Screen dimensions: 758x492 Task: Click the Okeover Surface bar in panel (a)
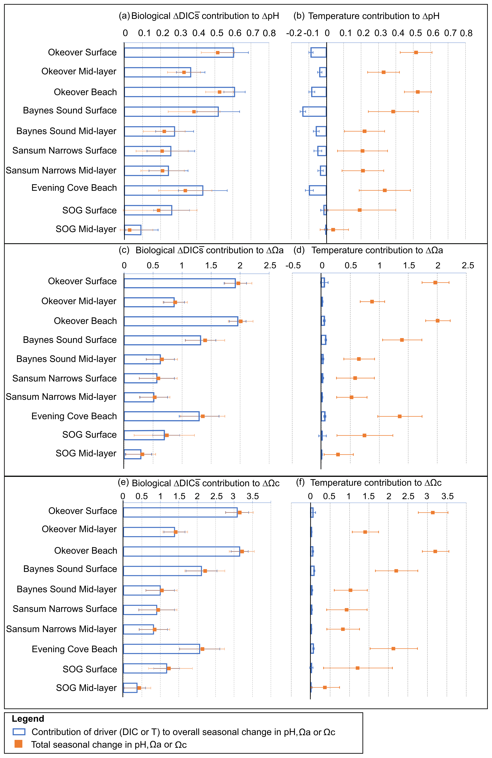[x=179, y=52]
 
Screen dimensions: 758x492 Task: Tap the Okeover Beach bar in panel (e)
[x=181, y=551]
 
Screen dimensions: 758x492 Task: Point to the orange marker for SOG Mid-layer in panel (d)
[x=338, y=454]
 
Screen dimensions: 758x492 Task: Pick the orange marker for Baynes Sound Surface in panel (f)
[x=396, y=571]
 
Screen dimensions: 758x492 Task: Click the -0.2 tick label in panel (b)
[x=294, y=33]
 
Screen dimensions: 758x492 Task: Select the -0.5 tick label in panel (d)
[x=293, y=266]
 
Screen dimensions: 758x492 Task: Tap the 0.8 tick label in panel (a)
[x=269, y=33]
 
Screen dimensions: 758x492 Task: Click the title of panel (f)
[x=376, y=483]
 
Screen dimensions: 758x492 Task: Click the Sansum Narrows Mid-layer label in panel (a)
[x=61, y=170]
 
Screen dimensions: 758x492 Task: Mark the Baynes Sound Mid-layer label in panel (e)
[x=67, y=589]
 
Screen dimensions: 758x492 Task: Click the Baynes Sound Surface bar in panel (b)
[x=314, y=111]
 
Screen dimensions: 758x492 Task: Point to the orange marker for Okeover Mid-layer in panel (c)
[x=175, y=302]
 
